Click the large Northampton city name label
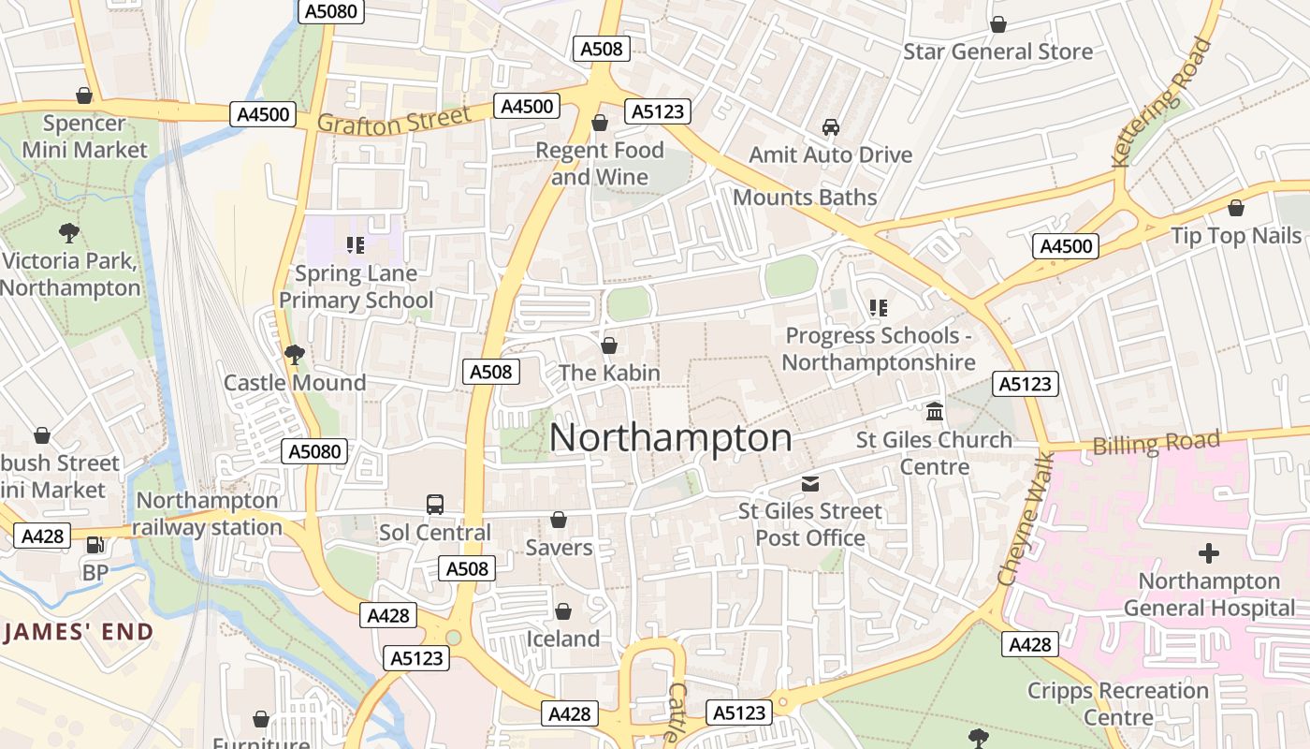[670, 438]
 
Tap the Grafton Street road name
[393, 122]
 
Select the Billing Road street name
[1157, 442]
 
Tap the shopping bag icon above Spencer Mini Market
[84, 95]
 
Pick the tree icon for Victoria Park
[68, 233]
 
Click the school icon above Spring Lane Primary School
[356, 245]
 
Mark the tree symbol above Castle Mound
[295, 354]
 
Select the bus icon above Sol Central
[435, 505]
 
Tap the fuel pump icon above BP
[95, 544]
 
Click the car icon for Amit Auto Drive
[830, 126]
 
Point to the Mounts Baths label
[805, 198]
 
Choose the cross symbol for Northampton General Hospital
[1209, 553]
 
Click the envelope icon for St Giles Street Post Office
[810, 483]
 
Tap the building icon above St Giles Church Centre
[934, 412]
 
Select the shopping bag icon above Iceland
[563, 611]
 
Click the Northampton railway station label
[207, 514]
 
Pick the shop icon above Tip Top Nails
[1236, 208]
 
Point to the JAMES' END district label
[78, 632]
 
